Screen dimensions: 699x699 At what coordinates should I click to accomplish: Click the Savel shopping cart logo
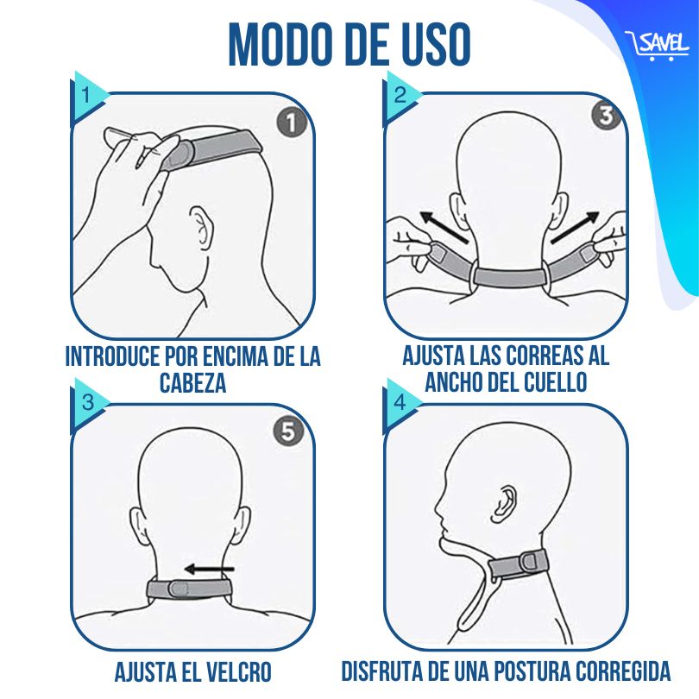656,46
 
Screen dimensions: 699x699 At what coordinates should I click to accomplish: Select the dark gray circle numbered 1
292,122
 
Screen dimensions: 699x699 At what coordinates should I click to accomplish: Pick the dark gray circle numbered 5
288,431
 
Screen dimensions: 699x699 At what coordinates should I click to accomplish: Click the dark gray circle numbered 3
607,116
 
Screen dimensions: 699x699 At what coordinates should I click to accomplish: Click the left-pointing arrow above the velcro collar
210,569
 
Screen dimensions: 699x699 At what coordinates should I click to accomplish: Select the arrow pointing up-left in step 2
444,227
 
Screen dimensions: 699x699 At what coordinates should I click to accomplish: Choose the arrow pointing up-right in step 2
575,227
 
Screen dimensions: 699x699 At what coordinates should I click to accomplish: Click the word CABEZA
192,382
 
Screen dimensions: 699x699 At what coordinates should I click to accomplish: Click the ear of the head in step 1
201,227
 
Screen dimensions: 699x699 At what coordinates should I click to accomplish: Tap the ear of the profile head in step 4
504,504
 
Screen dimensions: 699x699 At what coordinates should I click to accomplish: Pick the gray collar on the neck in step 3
191,589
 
